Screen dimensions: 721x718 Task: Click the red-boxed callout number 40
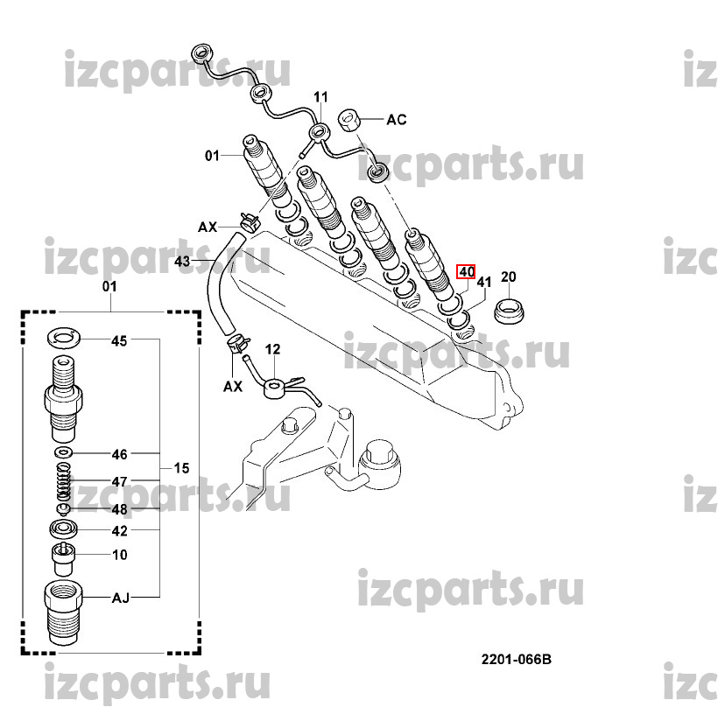pos(465,271)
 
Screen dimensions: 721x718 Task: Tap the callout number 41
pos(485,282)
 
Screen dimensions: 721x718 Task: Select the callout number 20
pos(509,277)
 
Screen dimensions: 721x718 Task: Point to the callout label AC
pos(397,119)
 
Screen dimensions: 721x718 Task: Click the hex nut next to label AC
pos(348,119)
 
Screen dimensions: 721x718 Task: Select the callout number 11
pos(320,96)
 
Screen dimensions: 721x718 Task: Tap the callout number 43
pos(183,261)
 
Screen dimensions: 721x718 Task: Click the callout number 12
pos(273,349)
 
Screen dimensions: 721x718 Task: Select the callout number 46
pos(119,454)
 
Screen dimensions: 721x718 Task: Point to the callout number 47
pos(119,481)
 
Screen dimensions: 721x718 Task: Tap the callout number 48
pos(119,508)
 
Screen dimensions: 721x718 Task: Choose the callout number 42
pos(119,530)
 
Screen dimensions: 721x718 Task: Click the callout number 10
pos(119,555)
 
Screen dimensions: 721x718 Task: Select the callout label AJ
pos(120,598)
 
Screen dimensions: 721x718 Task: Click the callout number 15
pos(181,469)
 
